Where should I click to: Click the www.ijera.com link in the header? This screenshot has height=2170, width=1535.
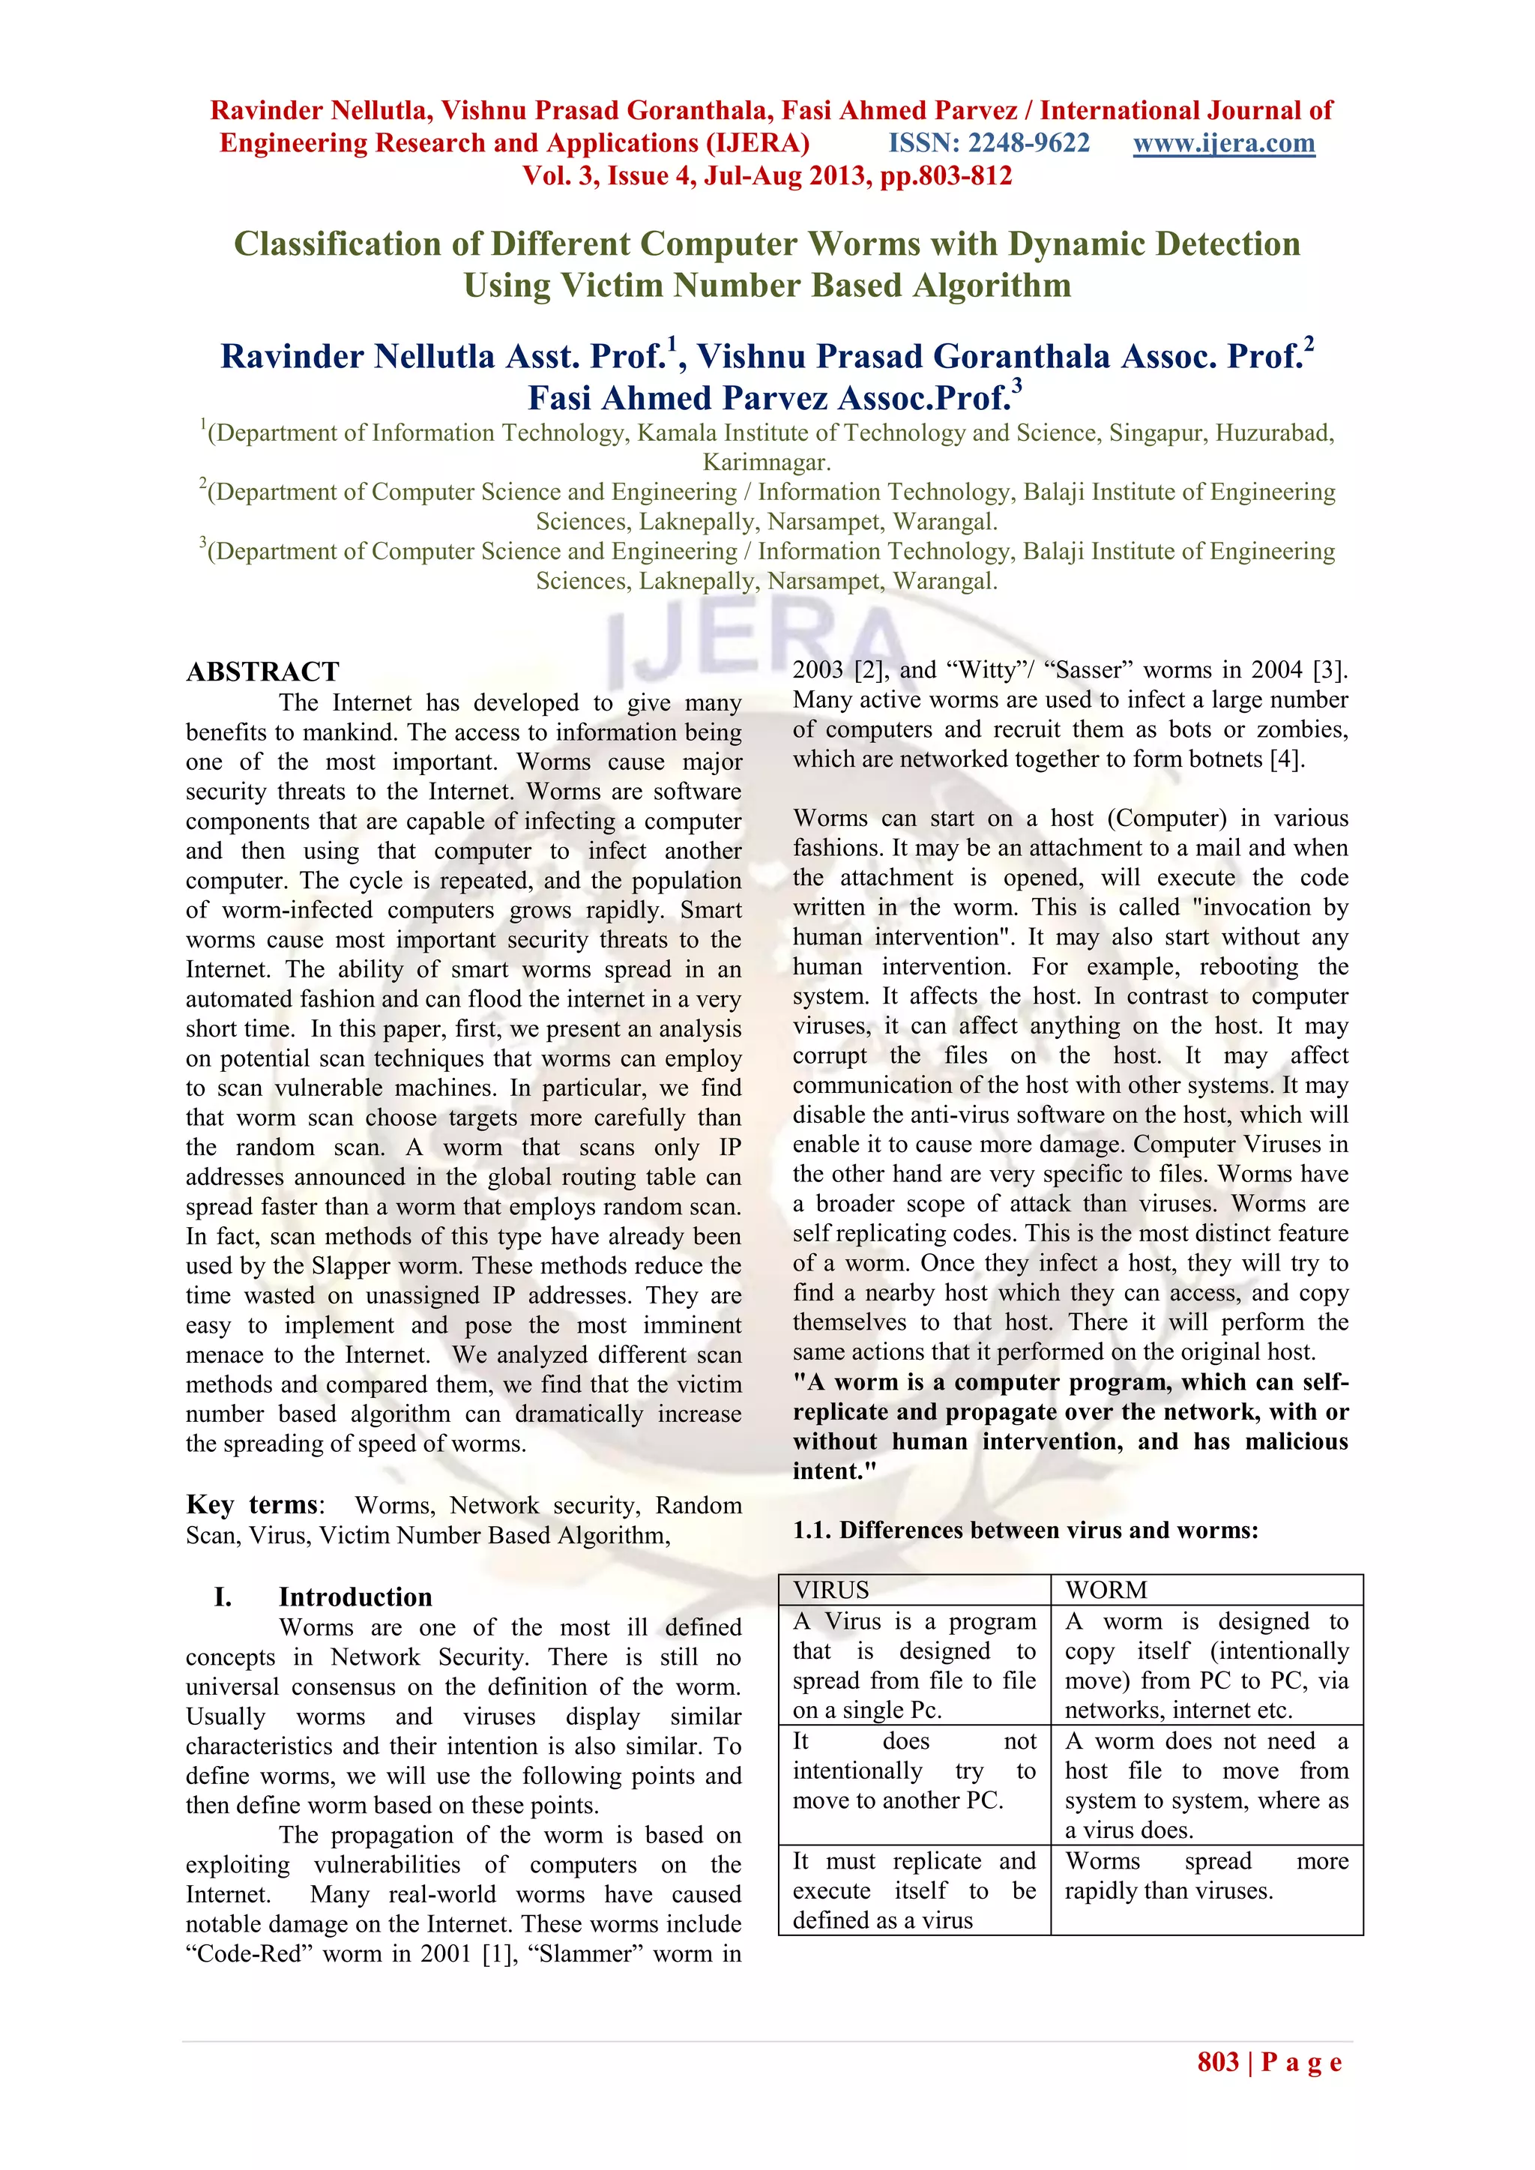coord(1224,144)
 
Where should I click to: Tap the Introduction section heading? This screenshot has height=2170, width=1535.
coord(355,1597)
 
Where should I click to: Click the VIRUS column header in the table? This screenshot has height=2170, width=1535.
coord(830,1590)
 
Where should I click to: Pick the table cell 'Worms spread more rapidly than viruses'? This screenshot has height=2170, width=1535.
coord(1206,1876)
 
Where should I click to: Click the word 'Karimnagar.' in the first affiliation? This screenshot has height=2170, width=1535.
coord(767,462)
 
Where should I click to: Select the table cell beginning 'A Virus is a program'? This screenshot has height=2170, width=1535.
coord(914,1666)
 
